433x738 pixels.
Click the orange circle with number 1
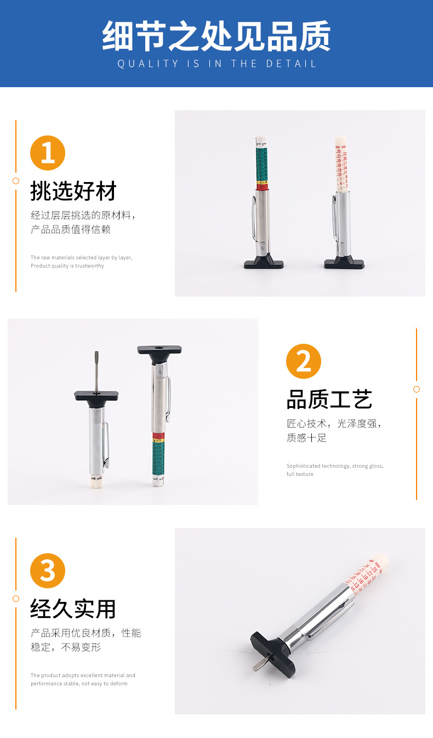click(48, 153)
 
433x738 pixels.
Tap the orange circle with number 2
click(304, 361)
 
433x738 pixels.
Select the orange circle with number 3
click(48, 571)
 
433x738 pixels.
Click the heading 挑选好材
click(73, 192)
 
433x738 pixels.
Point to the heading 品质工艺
click(329, 400)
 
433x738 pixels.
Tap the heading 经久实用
click(73, 609)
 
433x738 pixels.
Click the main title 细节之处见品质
click(216, 36)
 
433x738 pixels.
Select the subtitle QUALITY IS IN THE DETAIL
click(217, 64)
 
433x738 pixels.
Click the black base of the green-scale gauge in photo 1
click(264, 263)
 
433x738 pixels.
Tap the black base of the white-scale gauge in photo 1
click(344, 263)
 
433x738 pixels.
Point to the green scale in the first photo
click(262, 162)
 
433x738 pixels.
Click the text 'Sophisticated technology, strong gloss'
click(334, 466)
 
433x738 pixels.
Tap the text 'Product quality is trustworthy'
click(67, 266)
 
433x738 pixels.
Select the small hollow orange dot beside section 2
click(417, 389)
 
